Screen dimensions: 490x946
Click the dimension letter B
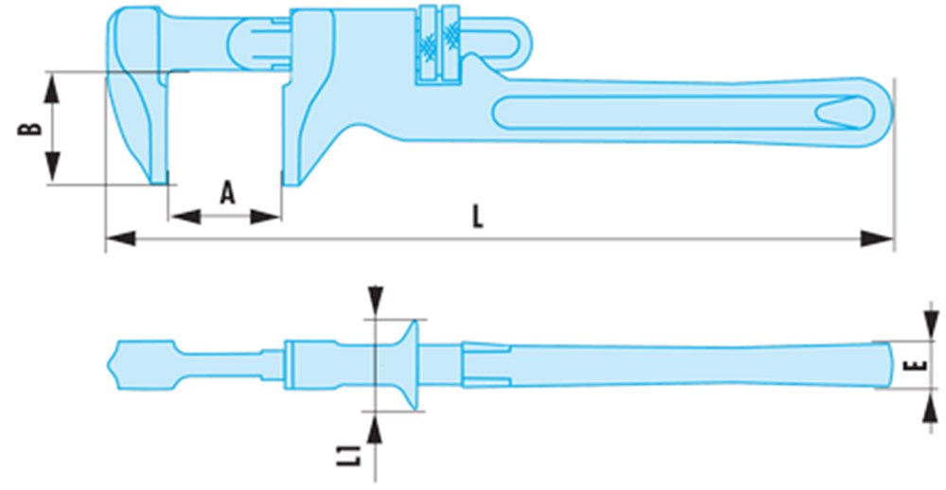[28, 127]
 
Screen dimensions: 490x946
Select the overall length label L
[479, 218]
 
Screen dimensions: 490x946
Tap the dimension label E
[915, 365]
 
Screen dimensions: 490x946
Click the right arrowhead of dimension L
[881, 238]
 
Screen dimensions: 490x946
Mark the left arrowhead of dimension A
[182, 217]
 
